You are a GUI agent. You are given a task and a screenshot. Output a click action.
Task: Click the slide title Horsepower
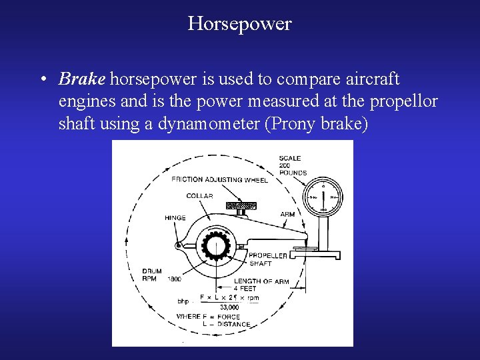[x=239, y=24]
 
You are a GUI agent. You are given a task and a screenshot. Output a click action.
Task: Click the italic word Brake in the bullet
[x=81, y=80]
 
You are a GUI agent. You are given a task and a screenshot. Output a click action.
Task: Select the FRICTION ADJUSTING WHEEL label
[x=219, y=179]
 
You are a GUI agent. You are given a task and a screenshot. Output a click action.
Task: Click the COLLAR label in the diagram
[x=200, y=196]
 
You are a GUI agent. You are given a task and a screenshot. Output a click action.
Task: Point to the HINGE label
[x=175, y=218]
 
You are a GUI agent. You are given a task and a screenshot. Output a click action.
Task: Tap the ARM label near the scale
[x=287, y=215]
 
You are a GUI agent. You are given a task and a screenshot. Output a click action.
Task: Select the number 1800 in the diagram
[x=175, y=279]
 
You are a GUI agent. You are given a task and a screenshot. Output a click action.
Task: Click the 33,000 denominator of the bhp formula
[x=229, y=307]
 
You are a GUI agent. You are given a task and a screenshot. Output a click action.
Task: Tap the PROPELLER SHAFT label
[x=268, y=259]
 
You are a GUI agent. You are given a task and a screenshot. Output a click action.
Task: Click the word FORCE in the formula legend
[x=237, y=317]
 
